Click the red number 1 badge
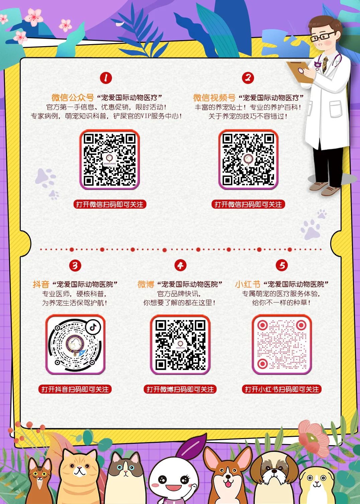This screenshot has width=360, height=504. [106, 78]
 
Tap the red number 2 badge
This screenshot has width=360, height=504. [248, 78]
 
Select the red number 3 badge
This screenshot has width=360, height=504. [75, 266]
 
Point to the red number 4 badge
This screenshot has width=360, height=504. [181, 266]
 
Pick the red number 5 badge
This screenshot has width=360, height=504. [282, 266]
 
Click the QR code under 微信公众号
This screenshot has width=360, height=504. [110, 159]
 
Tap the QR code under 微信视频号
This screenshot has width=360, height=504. [248, 159]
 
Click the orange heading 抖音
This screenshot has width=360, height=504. [41, 284]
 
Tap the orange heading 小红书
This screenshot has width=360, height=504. [248, 284]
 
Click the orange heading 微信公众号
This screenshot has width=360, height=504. [73, 97]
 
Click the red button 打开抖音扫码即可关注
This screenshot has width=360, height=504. [75, 389]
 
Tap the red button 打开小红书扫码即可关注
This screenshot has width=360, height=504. [282, 389]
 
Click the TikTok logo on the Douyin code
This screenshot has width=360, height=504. [93, 327]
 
